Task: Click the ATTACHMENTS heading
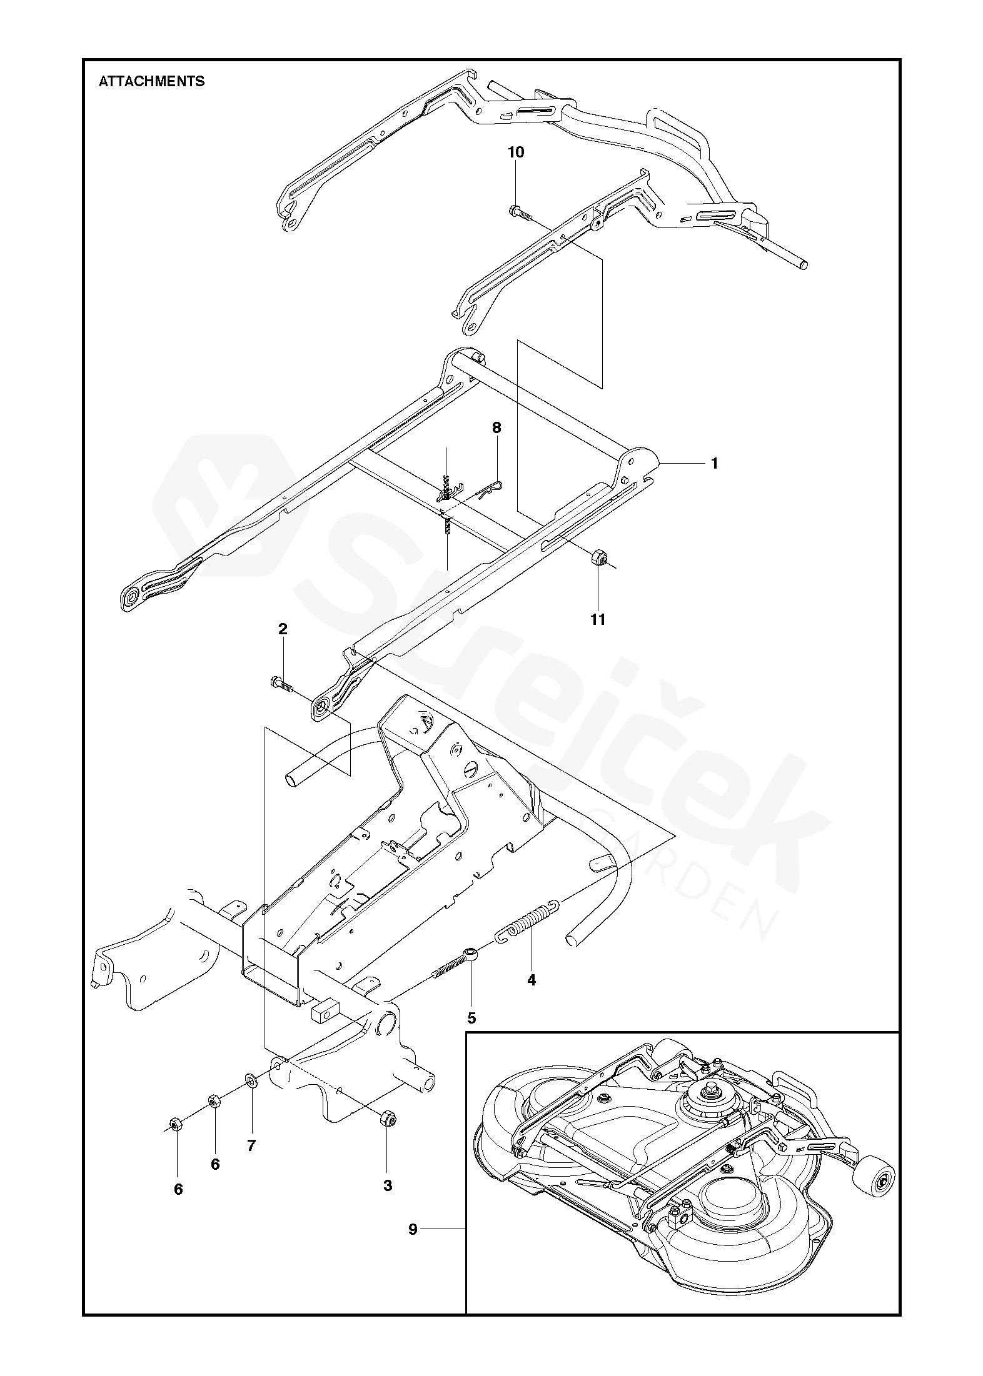tap(152, 82)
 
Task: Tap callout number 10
tap(516, 152)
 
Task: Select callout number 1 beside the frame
tap(714, 464)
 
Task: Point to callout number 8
tap(497, 428)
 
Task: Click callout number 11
tap(598, 619)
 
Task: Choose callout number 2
tap(283, 629)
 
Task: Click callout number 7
tap(251, 1145)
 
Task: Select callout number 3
tap(387, 1185)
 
